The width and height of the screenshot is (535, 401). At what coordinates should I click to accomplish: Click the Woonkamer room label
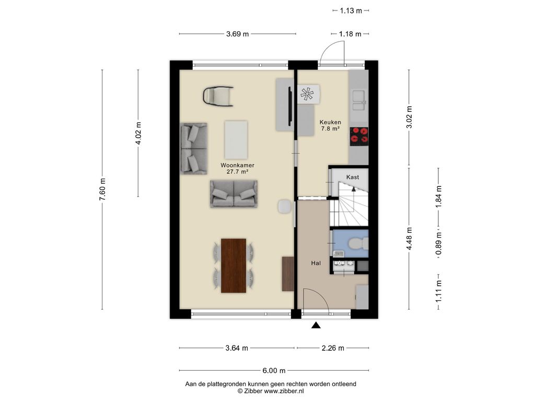237,166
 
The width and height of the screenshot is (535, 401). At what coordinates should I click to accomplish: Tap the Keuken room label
330,122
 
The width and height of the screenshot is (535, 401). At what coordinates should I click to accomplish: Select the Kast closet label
353,177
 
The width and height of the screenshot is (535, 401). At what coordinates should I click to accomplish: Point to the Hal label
316,263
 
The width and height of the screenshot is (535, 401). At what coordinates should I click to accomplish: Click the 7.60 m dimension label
102,189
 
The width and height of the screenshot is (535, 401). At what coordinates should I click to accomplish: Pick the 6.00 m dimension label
274,370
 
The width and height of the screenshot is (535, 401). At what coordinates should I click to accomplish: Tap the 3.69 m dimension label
238,34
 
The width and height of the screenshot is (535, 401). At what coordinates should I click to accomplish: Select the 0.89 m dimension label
438,243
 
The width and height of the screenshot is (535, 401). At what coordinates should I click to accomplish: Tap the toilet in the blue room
358,243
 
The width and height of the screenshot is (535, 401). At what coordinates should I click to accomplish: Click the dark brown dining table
234,266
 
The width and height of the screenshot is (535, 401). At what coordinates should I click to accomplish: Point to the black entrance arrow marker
316,325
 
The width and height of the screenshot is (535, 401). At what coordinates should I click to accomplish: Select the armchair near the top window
218,96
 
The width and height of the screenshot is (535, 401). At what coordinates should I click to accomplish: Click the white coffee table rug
236,140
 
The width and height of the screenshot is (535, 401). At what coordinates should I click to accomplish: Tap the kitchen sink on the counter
359,100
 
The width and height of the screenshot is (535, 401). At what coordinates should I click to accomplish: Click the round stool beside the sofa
285,207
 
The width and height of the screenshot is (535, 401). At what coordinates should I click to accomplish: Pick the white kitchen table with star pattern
309,94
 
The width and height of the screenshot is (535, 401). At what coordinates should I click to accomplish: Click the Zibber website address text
284,391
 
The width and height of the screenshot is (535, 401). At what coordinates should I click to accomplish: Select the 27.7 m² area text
237,172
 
